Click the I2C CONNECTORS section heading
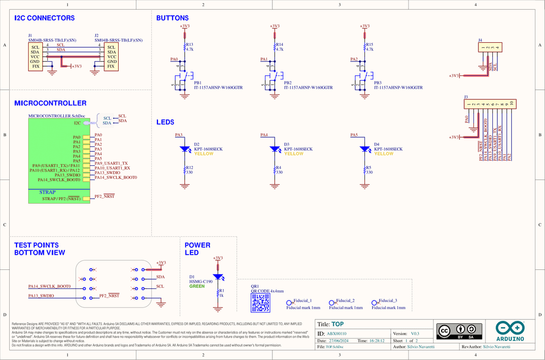(x=44, y=18)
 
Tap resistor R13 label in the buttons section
(x=189, y=45)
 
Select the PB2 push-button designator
(x=287, y=83)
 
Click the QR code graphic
(x=261, y=302)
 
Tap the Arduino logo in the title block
(x=509, y=330)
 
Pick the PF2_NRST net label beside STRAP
(x=104, y=197)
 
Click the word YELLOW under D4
(x=384, y=154)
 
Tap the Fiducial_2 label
(x=345, y=301)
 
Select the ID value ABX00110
(x=336, y=334)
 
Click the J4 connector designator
(x=480, y=40)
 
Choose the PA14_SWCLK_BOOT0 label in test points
(x=50, y=286)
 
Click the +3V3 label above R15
(x=365, y=26)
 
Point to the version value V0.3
(x=415, y=334)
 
